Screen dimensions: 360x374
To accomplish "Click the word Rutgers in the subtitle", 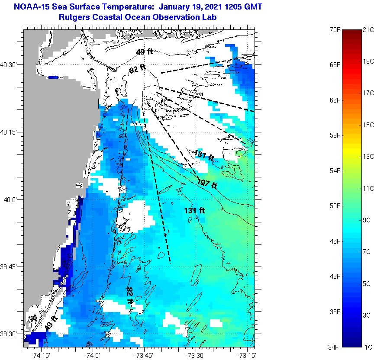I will (x=74, y=17).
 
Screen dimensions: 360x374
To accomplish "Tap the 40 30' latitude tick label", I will (x=10, y=65).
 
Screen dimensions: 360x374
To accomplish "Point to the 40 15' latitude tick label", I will (x=10, y=132).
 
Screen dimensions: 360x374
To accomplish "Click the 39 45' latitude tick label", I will (x=10, y=267).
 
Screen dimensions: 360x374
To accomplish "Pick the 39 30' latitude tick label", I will (x=10, y=334).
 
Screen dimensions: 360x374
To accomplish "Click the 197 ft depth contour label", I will (x=207, y=183).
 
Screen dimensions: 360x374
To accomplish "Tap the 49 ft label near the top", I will (x=144, y=52).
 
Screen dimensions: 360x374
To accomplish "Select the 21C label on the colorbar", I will (x=368, y=29).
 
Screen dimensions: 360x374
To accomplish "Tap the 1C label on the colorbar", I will (x=368, y=346).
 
